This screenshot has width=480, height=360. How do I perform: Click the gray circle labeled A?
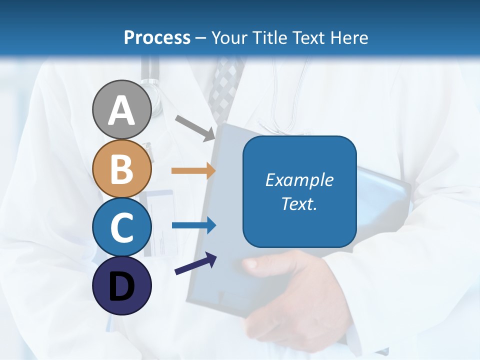point(122,109)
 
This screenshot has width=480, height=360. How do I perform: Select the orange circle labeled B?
point(122,168)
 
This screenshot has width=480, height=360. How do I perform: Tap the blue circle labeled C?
point(122,227)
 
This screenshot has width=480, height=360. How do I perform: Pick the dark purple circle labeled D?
point(122,285)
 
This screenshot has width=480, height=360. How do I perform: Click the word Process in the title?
point(157,37)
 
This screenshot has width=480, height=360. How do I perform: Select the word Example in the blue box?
point(299,180)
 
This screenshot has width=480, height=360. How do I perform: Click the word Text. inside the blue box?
point(299,203)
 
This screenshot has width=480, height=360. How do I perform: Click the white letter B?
point(122,169)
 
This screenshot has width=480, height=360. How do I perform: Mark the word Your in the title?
point(228,37)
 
